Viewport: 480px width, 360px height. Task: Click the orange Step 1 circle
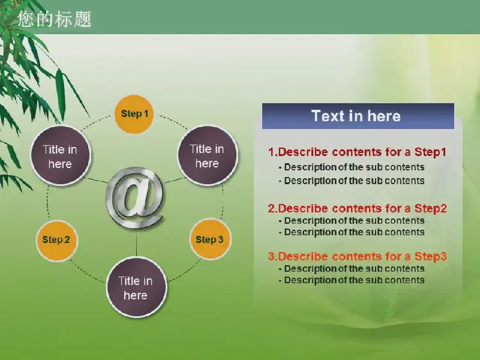(134, 114)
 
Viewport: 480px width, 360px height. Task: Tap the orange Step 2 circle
(56, 239)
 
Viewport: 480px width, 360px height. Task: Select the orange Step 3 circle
(209, 239)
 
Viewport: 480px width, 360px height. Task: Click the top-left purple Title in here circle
(61, 155)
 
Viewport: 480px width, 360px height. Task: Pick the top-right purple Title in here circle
(207, 155)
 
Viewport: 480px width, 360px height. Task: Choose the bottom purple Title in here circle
(136, 287)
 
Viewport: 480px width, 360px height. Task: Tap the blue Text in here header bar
(358, 116)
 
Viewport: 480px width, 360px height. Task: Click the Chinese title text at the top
(55, 19)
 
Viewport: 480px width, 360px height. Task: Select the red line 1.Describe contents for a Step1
(357, 152)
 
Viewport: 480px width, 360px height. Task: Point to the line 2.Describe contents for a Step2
(357, 208)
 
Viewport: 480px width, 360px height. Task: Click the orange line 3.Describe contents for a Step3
(357, 256)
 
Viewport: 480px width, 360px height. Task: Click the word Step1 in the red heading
(430, 152)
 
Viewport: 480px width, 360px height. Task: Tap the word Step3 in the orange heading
(431, 256)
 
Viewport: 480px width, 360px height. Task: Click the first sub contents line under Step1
(352, 167)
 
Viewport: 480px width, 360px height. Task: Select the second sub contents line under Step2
(352, 232)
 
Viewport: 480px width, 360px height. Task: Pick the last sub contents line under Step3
(352, 280)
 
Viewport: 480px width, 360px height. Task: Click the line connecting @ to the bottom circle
(136, 244)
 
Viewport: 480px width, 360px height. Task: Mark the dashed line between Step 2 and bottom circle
(87, 272)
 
